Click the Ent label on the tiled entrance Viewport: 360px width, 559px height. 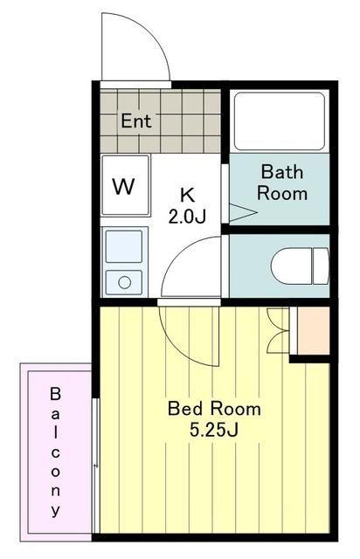tap(136, 121)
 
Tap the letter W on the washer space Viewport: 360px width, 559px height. tap(123, 186)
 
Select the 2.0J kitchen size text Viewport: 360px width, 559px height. tap(187, 217)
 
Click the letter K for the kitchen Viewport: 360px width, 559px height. tap(187, 195)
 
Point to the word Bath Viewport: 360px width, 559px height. tap(282, 172)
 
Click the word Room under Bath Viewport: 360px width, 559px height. tap(282, 194)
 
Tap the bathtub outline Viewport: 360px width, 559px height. tap(280, 121)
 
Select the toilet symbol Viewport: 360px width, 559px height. tap(300, 266)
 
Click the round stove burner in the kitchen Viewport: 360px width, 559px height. tap(125, 283)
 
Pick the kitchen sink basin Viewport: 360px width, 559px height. tap(124, 246)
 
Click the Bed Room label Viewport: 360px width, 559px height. tap(214, 409)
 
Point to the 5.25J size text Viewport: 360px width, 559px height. tap(213, 430)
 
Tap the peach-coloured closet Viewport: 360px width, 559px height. tap(314, 330)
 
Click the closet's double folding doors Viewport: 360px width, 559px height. tap(278, 330)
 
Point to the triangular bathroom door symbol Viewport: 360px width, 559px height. tap(243, 212)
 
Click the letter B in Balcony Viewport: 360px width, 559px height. tap(55, 394)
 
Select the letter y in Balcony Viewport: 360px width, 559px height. tap(55, 510)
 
